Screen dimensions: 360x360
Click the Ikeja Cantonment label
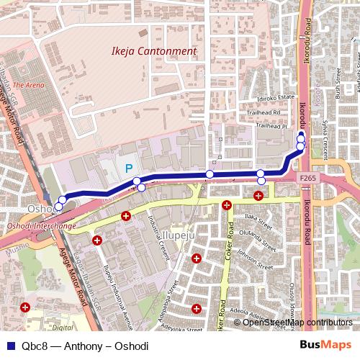[154, 52]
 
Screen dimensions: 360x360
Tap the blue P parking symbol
[129, 168]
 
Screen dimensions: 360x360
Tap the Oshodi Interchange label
[50, 226]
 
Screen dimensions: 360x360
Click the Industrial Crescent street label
[157, 230]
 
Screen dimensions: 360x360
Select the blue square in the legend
[8, 346]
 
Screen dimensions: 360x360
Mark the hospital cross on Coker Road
[227, 205]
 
